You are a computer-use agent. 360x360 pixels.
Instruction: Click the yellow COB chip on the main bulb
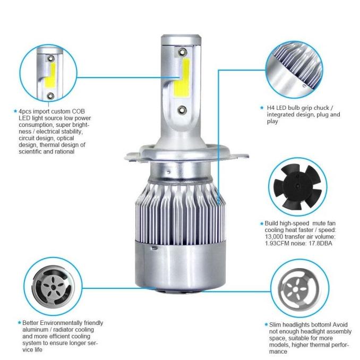tap(182, 78)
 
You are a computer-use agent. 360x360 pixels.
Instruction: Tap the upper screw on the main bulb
tap(182, 52)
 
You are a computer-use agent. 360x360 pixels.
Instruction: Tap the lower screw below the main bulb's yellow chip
tap(182, 110)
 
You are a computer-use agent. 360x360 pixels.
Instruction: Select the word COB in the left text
tap(78, 112)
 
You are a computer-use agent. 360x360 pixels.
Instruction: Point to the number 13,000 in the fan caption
tap(274, 237)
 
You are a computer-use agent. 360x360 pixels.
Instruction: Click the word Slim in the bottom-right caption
tap(275, 325)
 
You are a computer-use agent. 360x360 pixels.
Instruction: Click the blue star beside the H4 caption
tap(262, 107)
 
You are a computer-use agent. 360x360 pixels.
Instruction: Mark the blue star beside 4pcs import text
tap(15, 111)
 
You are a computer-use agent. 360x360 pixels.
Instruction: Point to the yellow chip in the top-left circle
tap(50, 75)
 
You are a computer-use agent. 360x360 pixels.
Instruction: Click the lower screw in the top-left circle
tap(50, 96)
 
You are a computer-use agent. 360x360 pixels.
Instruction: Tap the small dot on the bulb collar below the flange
tap(169, 172)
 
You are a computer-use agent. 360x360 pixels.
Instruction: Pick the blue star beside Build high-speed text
tap(262, 224)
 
